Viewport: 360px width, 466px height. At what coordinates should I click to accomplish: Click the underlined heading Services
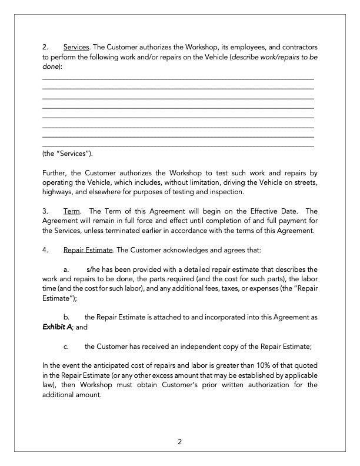coord(76,47)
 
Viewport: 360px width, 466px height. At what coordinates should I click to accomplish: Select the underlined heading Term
coord(71,211)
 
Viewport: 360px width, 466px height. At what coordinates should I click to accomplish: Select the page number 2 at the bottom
coord(180,442)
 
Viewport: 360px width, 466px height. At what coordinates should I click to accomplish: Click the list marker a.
coord(66,269)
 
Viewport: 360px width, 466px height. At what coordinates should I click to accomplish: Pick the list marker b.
coord(66,317)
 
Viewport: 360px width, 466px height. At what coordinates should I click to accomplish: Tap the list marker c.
coord(66,346)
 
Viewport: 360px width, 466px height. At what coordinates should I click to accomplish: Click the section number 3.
coord(45,211)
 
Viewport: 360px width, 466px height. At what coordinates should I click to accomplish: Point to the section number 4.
coord(45,250)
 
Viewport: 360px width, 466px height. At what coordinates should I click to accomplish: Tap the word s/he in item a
coord(94,269)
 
